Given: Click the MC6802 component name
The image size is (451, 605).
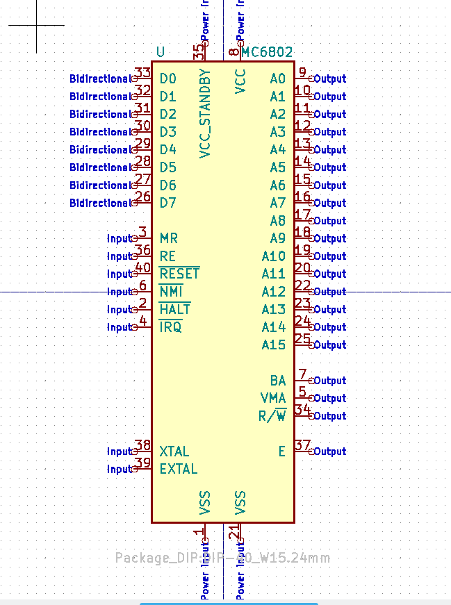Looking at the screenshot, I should click(x=268, y=52).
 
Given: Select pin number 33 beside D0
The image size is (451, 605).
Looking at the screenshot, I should click(x=143, y=73).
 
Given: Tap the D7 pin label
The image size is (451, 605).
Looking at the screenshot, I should click(x=168, y=203).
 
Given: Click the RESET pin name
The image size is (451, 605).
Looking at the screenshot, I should click(x=179, y=274).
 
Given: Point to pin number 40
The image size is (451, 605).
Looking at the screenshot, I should click(x=143, y=268).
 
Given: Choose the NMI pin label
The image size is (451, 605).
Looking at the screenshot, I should click(x=171, y=292).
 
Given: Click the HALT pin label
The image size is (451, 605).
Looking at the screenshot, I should click(x=174, y=309).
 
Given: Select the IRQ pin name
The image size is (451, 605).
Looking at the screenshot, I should click(x=170, y=327).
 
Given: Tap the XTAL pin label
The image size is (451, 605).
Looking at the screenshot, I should click(x=174, y=451).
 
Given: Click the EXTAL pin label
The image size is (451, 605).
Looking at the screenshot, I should click(x=179, y=469).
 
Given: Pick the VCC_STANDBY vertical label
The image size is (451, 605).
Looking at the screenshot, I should click(x=205, y=114).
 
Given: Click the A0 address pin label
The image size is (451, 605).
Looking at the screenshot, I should click(x=278, y=78).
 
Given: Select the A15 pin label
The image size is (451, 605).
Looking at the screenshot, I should click(x=274, y=345).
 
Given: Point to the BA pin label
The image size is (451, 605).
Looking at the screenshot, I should click(x=278, y=381).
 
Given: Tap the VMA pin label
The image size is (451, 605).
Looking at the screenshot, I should click(x=273, y=398).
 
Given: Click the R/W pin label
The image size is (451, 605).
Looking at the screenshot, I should click(x=272, y=416).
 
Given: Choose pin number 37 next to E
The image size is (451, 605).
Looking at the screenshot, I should click(x=302, y=445).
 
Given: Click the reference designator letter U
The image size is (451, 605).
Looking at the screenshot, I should click(x=161, y=52).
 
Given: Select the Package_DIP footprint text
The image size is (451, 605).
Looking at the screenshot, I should click(x=222, y=558).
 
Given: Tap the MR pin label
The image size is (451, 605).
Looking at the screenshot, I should click(x=169, y=238).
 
